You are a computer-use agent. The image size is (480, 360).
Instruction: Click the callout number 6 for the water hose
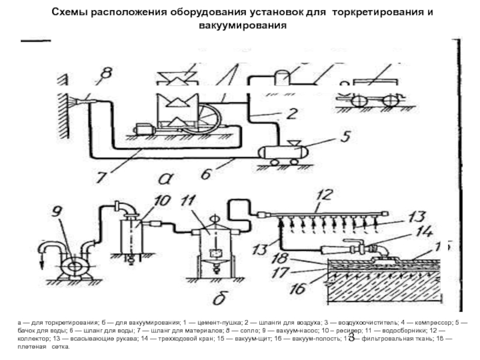pos(205,173)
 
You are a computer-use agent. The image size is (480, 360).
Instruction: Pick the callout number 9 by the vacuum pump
pos(56,211)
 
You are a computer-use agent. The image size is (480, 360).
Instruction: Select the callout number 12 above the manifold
pos(324,195)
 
